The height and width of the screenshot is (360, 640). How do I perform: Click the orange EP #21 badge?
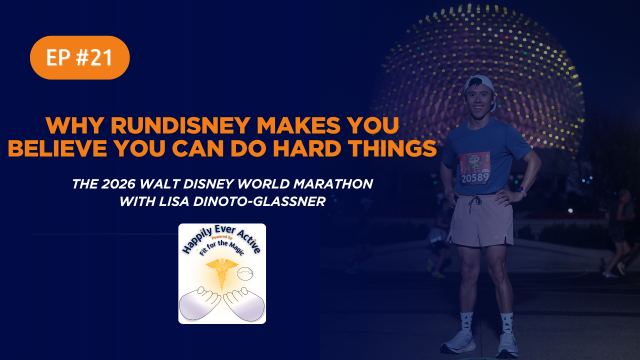tap(79, 57)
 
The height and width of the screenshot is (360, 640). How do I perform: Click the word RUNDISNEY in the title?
tap(180, 125)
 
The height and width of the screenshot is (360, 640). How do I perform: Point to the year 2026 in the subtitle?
tap(118, 184)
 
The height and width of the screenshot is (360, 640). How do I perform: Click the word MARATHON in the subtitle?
tap(333, 184)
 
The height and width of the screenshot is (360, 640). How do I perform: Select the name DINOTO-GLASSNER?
tap(259, 201)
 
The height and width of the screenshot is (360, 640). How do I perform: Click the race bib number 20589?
tap(475, 178)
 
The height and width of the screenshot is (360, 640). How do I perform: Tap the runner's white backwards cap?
tap(480, 85)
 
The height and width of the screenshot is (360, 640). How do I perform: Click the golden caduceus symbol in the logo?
tap(222, 273)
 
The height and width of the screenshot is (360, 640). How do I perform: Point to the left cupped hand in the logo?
tap(199, 303)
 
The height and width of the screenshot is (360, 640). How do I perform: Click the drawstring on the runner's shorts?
tap(474, 203)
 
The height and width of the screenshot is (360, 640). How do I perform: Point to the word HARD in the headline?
tap(306, 148)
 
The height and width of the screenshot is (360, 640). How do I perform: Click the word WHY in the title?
tap(74, 125)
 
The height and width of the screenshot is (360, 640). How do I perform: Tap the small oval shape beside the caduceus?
tap(245, 273)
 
